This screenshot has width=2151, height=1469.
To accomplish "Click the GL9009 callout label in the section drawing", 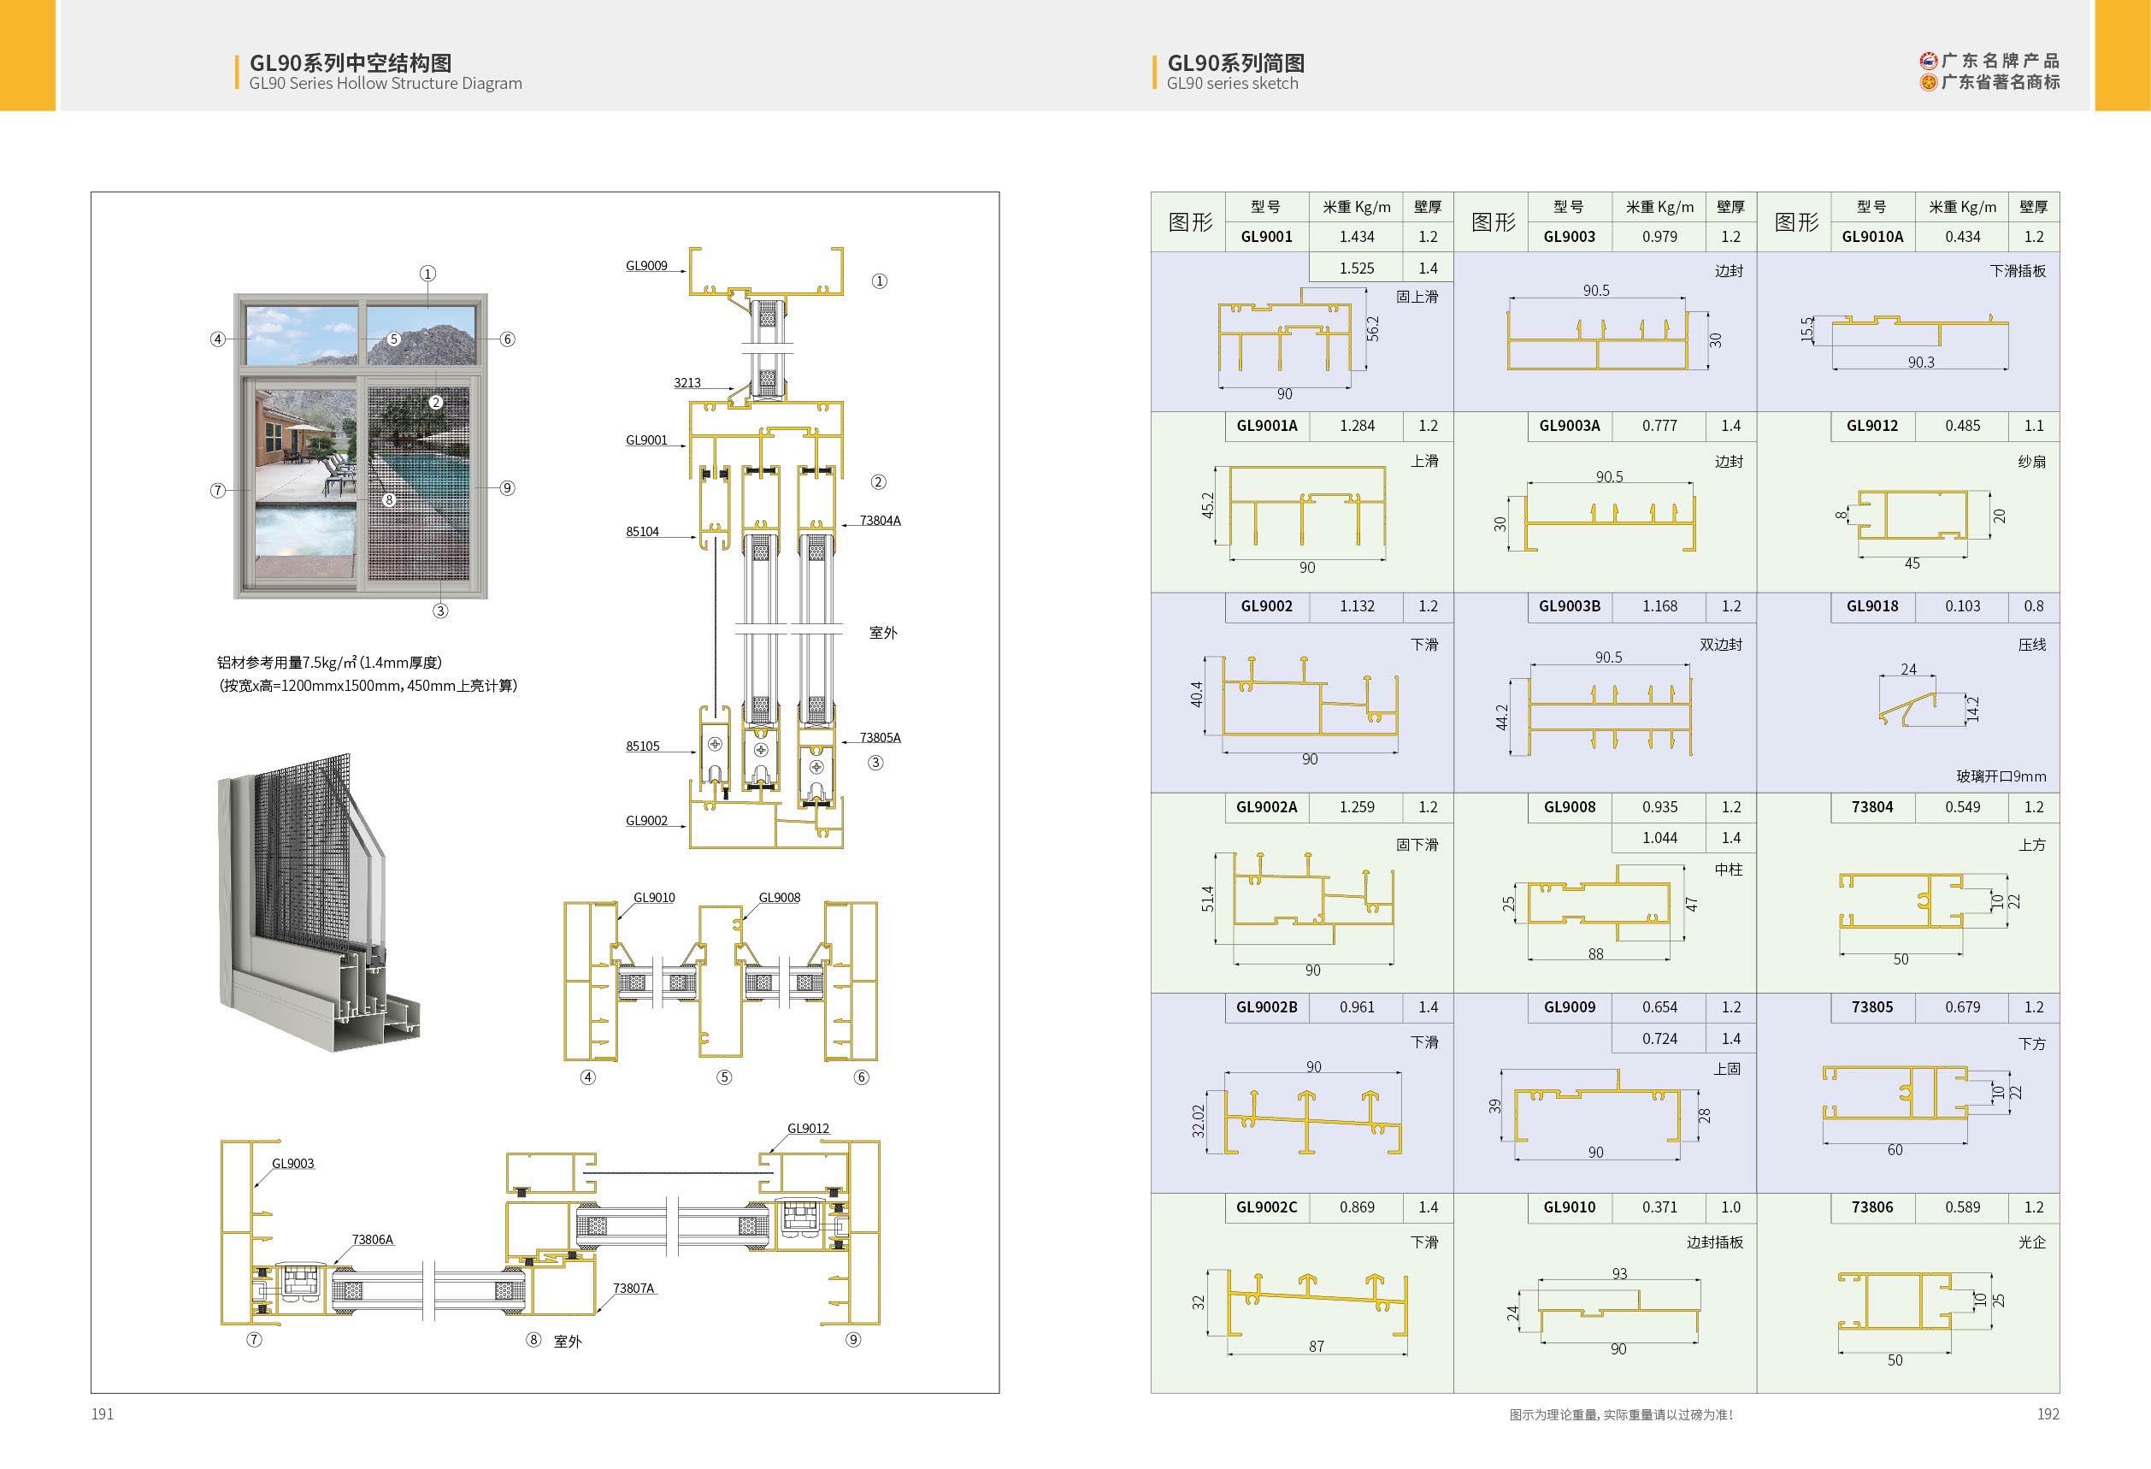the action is point(646,266).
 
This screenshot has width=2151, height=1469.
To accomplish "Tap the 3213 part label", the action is point(687,382).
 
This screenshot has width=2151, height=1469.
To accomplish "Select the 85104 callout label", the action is point(642,531).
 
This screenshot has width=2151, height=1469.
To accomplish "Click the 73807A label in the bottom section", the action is point(634,1288).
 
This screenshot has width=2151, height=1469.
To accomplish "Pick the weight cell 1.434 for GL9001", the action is point(1356,237).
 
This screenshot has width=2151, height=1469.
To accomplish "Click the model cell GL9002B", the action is point(1266,1007).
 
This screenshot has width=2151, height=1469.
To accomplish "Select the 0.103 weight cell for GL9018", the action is point(1962,606).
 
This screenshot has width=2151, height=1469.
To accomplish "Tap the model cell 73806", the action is point(1871,1207).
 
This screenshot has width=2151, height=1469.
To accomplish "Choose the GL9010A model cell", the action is point(1871,237).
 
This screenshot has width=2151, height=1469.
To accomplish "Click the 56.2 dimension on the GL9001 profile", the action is point(1373,328).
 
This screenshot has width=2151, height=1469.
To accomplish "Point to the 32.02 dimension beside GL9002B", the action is point(1198,1121).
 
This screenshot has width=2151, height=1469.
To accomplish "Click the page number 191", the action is point(103,1413).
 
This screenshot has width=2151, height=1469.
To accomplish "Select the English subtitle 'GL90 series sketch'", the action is point(1232,83).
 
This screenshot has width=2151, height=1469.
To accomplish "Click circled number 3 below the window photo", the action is point(440,611).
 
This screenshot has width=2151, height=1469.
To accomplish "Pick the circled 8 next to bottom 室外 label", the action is point(533,1339).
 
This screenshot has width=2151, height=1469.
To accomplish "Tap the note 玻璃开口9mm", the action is point(2001,776).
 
